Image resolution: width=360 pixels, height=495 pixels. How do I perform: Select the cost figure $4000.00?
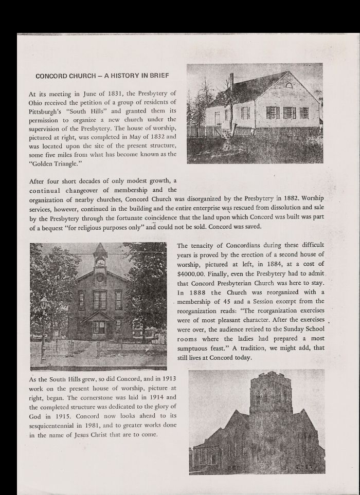point(192,273)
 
